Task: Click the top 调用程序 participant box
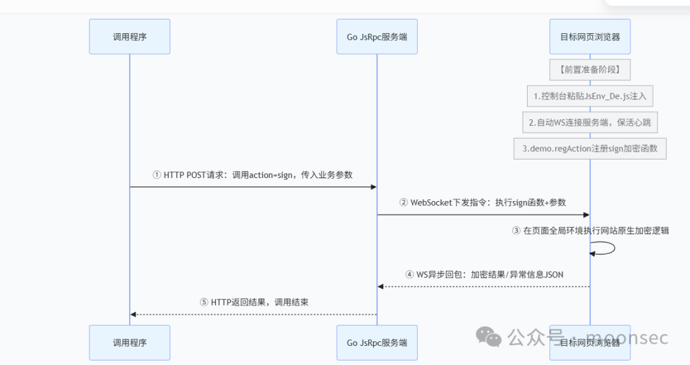click(x=129, y=36)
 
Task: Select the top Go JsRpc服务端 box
click(x=377, y=36)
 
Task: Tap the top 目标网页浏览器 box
click(x=590, y=36)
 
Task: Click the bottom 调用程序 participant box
click(x=129, y=343)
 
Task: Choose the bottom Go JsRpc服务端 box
click(x=377, y=343)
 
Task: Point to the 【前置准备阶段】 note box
click(x=590, y=70)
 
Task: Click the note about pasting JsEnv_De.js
click(x=590, y=96)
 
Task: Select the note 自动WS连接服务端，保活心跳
click(x=590, y=123)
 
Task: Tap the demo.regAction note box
click(x=590, y=149)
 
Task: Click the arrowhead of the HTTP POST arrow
click(x=374, y=187)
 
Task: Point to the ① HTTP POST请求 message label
click(x=252, y=175)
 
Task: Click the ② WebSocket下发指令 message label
click(x=483, y=203)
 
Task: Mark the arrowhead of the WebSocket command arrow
click(x=586, y=215)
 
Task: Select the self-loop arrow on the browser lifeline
click(x=615, y=248)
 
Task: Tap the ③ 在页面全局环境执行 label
click(x=590, y=230)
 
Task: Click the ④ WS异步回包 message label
click(x=484, y=275)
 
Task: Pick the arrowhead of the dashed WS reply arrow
click(x=381, y=287)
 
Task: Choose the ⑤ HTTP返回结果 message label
click(x=254, y=302)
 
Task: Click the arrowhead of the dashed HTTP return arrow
click(x=134, y=315)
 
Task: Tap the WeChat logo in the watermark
click(x=489, y=336)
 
